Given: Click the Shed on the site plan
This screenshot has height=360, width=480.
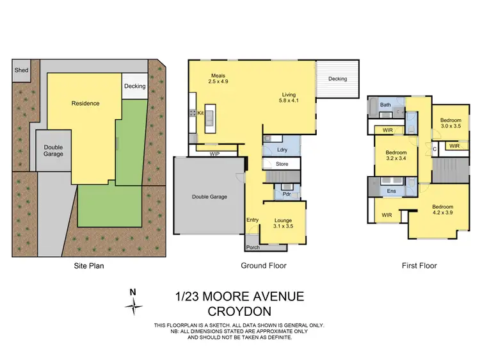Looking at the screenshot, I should (x=21, y=70).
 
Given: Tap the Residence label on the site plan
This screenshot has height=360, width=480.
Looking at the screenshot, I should (x=84, y=103).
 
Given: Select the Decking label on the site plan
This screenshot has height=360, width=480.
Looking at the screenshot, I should (x=134, y=86).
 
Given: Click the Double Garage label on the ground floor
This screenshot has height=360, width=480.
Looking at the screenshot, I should (x=209, y=197).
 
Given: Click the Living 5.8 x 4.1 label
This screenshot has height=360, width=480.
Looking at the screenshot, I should (x=289, y=97).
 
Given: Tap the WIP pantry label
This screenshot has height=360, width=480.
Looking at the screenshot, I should (x=215, y=154).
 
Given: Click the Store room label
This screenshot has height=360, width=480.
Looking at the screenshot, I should (x=282, y=165).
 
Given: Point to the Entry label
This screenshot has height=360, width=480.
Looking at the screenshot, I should (x=253, y=220).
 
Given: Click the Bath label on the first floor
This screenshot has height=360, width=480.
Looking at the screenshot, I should (x=385, y=105).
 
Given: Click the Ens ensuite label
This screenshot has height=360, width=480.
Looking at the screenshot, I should (x=392, y=191).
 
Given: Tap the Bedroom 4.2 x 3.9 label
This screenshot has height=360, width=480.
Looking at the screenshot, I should (x=442, y=210).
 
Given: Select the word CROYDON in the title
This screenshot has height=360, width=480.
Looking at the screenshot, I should (x=239, y=312).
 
